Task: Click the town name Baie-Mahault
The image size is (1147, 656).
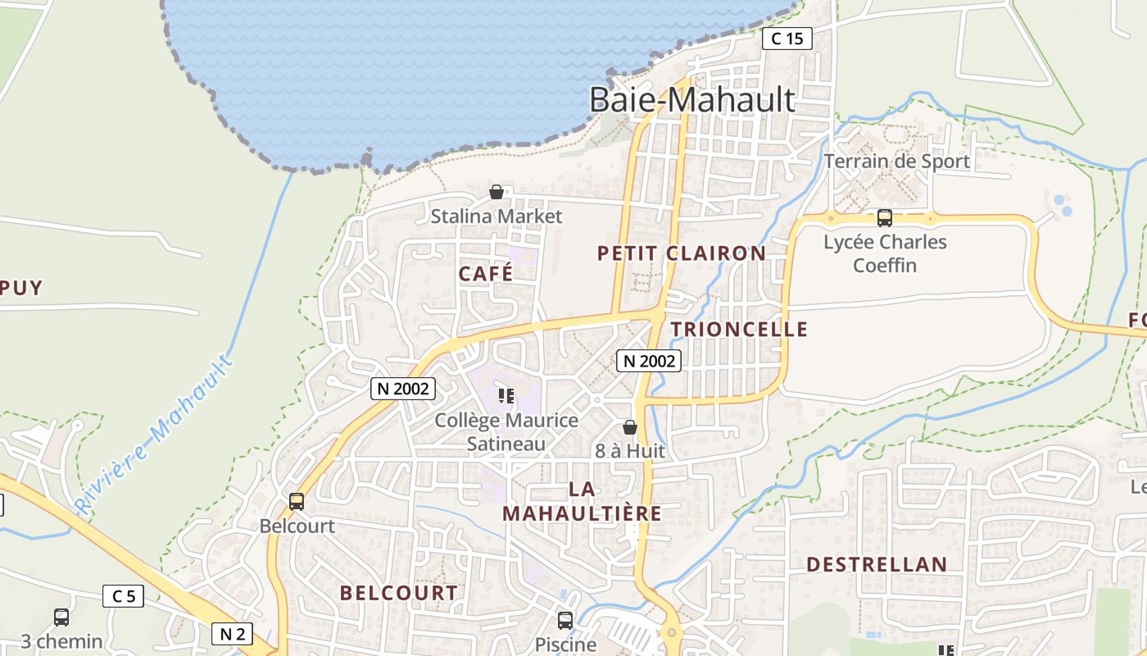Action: coord(692,100)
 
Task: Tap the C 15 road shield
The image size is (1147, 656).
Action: coord(787,39)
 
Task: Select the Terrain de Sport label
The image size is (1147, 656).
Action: coord(896,162)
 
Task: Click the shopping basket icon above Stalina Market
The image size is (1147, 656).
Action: coord(496,193)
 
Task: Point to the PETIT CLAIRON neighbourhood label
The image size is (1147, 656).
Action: coord(682,253)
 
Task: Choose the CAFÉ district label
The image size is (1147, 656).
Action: coord(486,274)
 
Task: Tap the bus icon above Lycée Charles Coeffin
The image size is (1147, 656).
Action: coord(884,218)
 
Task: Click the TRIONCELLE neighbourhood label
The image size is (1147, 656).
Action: coord(739,330)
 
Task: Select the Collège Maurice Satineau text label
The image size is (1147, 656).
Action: coord(506,432)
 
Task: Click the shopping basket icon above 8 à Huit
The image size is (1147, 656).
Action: coord(629,427)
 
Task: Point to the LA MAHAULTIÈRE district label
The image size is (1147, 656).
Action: coord(582,501)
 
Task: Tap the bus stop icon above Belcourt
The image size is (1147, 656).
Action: coord(297,501)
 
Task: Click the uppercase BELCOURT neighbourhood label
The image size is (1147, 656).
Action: coord(399,593)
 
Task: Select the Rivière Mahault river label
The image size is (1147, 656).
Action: coord(155,435)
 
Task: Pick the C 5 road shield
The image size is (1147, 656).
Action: coord(123,596)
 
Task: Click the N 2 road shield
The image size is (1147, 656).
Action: coord(233,633)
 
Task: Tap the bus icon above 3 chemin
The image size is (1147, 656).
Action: coord(61,617)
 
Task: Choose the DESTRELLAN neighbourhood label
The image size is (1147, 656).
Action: coord(877,565)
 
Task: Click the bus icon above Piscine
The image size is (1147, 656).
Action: coord(565,620)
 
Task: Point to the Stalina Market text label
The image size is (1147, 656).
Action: coord(496,216)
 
